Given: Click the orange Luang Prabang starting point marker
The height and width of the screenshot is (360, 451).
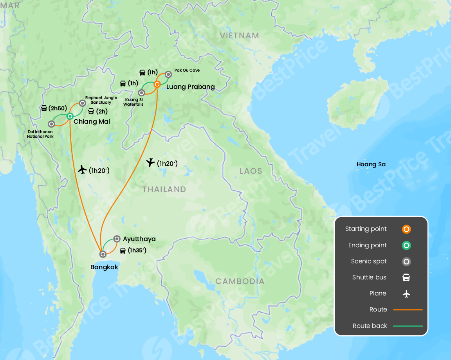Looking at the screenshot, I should click(x=157, y=84).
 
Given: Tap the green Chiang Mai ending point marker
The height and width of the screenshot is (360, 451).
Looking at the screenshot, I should click(x=70, y=116).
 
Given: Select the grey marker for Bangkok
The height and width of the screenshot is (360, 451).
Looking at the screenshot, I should click(x=103, y=254).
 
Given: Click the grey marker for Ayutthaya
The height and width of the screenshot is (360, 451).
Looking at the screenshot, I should click(x=117, y=239).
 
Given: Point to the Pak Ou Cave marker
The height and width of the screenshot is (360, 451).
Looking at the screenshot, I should click(x=168, y=74).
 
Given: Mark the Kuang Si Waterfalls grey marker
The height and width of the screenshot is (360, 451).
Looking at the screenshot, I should click(x=142, y=93).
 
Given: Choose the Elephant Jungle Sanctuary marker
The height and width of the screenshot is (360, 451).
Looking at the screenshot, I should click(x=83, y=103).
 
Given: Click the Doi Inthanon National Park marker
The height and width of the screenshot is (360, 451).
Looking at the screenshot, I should click(x=51, y=124).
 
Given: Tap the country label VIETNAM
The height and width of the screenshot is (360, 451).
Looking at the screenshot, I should click(x=239, y=36).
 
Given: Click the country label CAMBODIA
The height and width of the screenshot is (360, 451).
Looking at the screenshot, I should click(x=240, y=281).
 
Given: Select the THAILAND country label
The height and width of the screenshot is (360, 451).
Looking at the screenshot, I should click(x=164, y=189).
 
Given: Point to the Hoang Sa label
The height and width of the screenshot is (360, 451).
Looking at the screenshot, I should click(x=371, y=164).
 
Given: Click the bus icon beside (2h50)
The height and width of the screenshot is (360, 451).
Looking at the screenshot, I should click(x=44, y=108).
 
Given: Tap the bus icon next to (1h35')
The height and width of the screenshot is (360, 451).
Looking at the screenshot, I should click(x=123, y=250).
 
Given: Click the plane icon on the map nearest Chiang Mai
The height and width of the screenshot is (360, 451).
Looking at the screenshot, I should click(x=82, y=170).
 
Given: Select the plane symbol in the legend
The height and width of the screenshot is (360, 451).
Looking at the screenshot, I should click(x=406, y=293).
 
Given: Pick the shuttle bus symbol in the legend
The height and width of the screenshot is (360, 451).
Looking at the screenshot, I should click(x=406, y=277).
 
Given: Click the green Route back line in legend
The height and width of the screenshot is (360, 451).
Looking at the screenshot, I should click(x=408, y=326).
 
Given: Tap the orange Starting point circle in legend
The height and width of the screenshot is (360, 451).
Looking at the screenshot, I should click(x=406, y=229).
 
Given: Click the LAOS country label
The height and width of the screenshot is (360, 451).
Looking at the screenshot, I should click(x=251, y=171).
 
